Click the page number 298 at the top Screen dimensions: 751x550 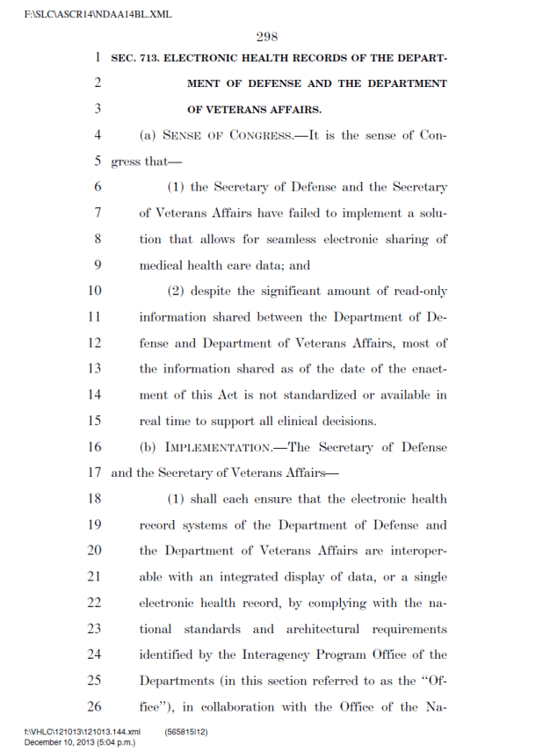point(267,37)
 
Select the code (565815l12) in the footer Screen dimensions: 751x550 point(185,732)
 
